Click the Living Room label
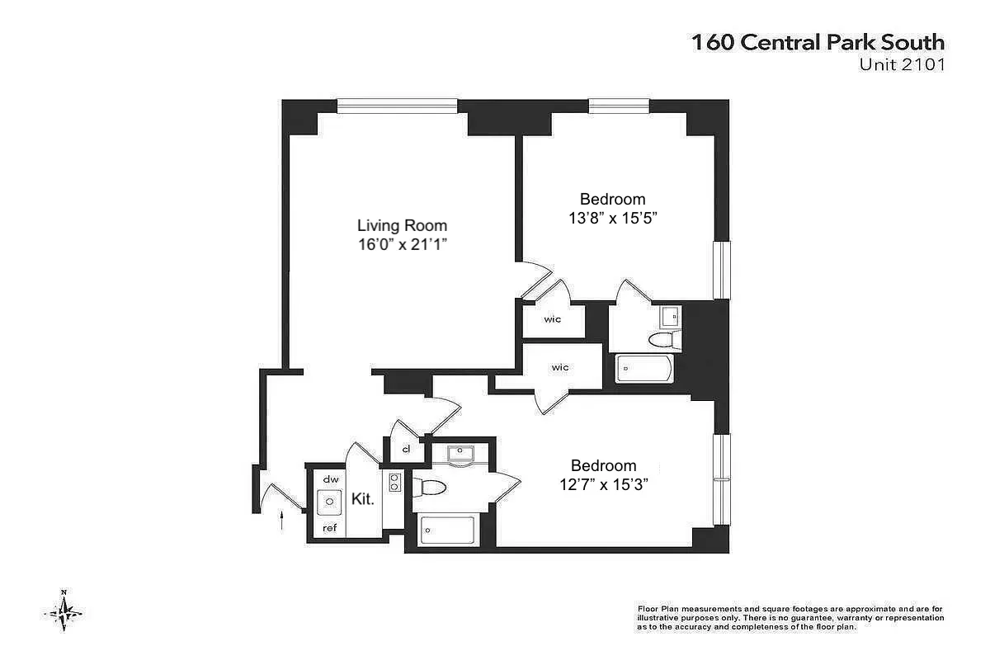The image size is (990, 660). point(402,225)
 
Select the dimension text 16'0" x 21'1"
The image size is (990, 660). point(402,244)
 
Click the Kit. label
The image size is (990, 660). point(363,499)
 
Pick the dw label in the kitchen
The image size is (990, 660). point(331,478)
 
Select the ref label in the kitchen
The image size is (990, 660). point(330,528)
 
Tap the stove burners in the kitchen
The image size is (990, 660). point(394,482)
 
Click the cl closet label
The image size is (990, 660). point(406,450)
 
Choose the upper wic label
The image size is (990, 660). point(552,319)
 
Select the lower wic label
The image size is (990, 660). point(560,367)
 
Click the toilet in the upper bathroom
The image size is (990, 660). point(662,339)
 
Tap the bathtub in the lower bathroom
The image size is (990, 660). point(447,530)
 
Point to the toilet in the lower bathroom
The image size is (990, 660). point(430,488)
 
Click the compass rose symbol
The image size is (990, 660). point(64,610)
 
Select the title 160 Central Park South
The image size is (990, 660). point(818,43)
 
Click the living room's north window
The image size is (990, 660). point(397,106)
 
